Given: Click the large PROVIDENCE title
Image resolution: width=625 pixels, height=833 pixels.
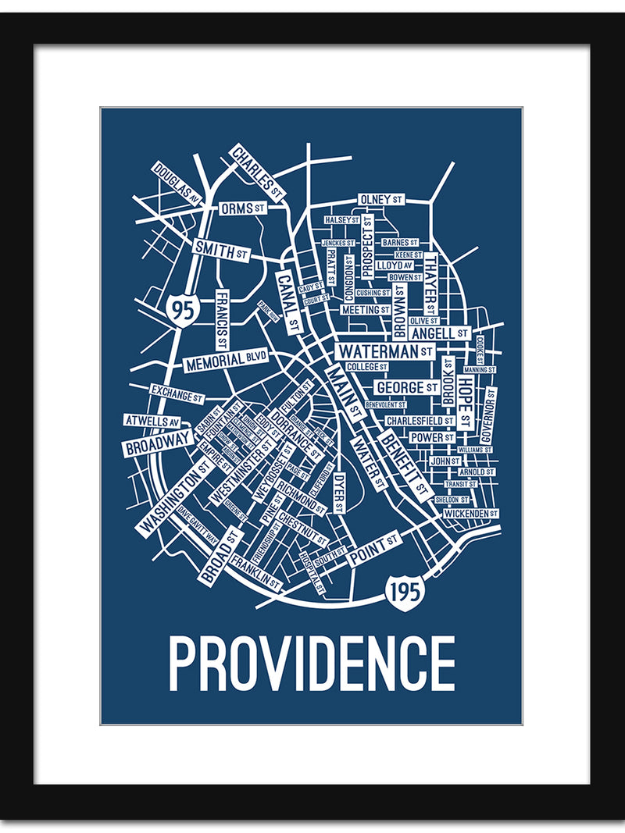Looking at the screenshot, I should (312, 664).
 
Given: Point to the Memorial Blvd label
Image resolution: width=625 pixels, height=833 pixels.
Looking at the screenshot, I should (226, 361).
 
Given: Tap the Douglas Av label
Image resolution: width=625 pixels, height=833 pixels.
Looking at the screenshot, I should (177, 183).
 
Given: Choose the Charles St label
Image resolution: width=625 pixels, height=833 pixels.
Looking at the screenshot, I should (257, 170).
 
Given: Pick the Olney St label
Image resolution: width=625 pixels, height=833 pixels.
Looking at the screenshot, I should (381, 200).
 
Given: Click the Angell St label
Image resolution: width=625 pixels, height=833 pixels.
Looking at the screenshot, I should (439, 333).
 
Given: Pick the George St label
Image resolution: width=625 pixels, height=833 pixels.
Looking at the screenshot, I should (407, 387).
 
